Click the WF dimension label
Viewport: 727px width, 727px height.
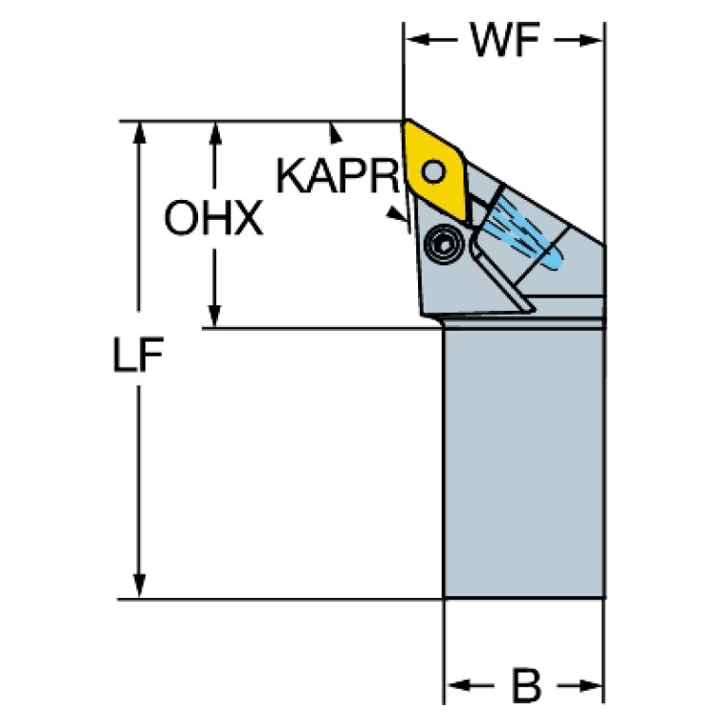pos(505,40)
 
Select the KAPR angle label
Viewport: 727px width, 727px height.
pos(337,175)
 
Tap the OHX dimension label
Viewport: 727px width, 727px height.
pos(214,217)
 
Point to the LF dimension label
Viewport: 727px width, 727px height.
pos(138,354)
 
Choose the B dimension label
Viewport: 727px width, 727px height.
pos(526,684)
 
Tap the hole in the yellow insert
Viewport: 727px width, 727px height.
pos(434,171)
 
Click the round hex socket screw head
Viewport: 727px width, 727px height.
pos(445,245)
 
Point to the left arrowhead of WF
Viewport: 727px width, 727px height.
pos(417,40)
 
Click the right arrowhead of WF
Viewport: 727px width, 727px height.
pos(591,41)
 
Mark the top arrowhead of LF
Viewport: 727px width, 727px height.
pos(138,134)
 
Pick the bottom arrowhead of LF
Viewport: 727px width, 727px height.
pos(138,586)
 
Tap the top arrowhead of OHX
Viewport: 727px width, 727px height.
pos(214,134)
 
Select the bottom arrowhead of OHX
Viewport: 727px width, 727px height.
pos(214,317)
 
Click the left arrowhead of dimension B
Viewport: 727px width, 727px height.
pos(458,684)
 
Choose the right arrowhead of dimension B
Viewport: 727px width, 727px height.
pos(591,685)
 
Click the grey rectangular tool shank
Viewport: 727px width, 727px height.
pos(524,463)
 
